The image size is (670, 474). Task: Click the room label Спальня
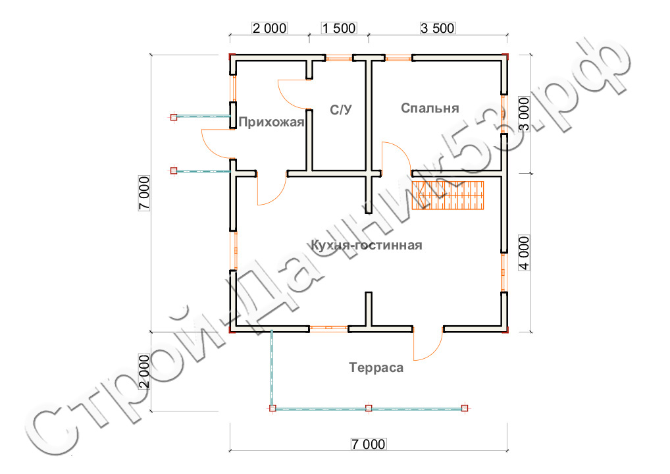430,108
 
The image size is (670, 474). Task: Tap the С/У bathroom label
340,110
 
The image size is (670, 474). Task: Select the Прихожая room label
271,122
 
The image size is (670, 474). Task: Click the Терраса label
376,368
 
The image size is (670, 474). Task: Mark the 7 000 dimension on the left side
144,194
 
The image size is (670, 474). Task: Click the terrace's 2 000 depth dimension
144,371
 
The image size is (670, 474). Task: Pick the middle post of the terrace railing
369,408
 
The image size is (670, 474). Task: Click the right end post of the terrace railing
465,408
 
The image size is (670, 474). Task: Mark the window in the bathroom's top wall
339,58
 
